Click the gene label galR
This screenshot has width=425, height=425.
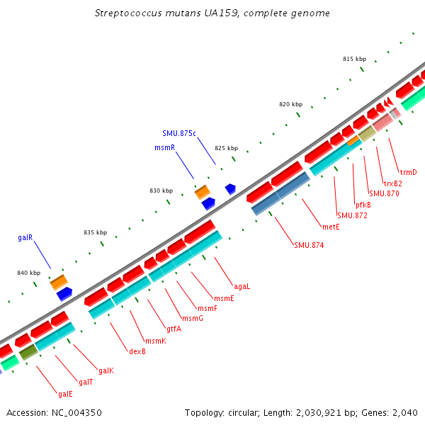(25, 238)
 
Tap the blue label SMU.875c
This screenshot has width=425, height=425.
(178, 132)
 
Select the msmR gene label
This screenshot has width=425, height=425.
(164, 147)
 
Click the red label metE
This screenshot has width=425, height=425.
(331, 227)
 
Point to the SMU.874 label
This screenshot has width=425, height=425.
(307, 245)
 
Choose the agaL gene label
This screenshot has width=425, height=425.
(242, 287)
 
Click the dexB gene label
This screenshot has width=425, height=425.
(137, 351)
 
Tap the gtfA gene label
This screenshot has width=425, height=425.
(174, 329)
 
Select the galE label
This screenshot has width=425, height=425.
(65, 394)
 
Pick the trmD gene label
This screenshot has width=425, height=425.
(408, 172)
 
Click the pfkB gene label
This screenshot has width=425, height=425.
(363, 205)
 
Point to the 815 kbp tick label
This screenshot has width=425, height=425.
(354, 59)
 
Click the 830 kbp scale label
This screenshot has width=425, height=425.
(161, 191)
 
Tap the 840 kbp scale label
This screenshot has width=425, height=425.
(29, 273)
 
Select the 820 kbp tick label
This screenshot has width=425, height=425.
(290, 104)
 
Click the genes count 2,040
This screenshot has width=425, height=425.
(404, 412)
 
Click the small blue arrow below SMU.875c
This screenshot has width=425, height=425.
(230, 189)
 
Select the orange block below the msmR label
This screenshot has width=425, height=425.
(203, 191)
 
